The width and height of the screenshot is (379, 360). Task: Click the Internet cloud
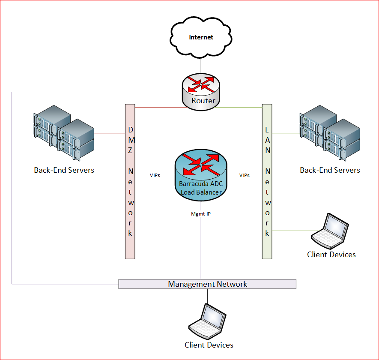click(x=201, y=38)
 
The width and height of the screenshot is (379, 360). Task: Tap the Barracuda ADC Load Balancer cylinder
click(x=201, y=176)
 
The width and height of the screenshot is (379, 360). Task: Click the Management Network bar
click(x=207, y=284)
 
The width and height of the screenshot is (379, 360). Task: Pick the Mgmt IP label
click(x=201, y=213)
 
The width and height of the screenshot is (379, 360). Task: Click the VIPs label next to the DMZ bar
click(x=155, y=175)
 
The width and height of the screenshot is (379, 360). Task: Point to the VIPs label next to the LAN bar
click(x=245, y=175)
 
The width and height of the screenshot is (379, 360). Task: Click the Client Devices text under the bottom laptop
click(x=209, y=345)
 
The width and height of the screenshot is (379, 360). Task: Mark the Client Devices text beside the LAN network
click(x=331, y=254)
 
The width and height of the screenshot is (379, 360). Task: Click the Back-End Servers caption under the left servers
click(x=64, y=170)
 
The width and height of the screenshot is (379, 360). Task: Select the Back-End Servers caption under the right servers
click(x=330, y=170)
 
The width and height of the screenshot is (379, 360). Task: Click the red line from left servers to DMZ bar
click(x=109, y=133)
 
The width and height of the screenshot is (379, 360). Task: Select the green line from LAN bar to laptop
click(x=291, y=231)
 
